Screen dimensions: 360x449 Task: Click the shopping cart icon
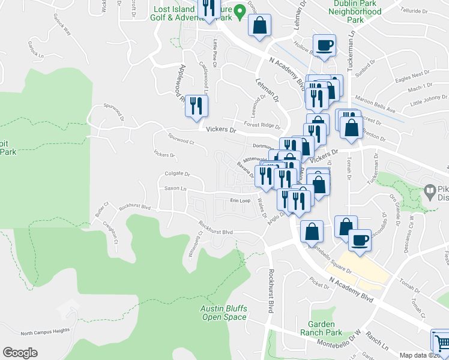442,343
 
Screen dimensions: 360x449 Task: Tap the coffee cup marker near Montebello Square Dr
360,240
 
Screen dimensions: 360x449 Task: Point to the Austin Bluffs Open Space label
224,313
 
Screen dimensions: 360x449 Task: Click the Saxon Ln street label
176,189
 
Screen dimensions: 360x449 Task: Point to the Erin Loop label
240,201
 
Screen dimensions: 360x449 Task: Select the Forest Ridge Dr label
262,126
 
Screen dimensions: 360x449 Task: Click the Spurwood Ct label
182,139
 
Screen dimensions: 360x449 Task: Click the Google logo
20,353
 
